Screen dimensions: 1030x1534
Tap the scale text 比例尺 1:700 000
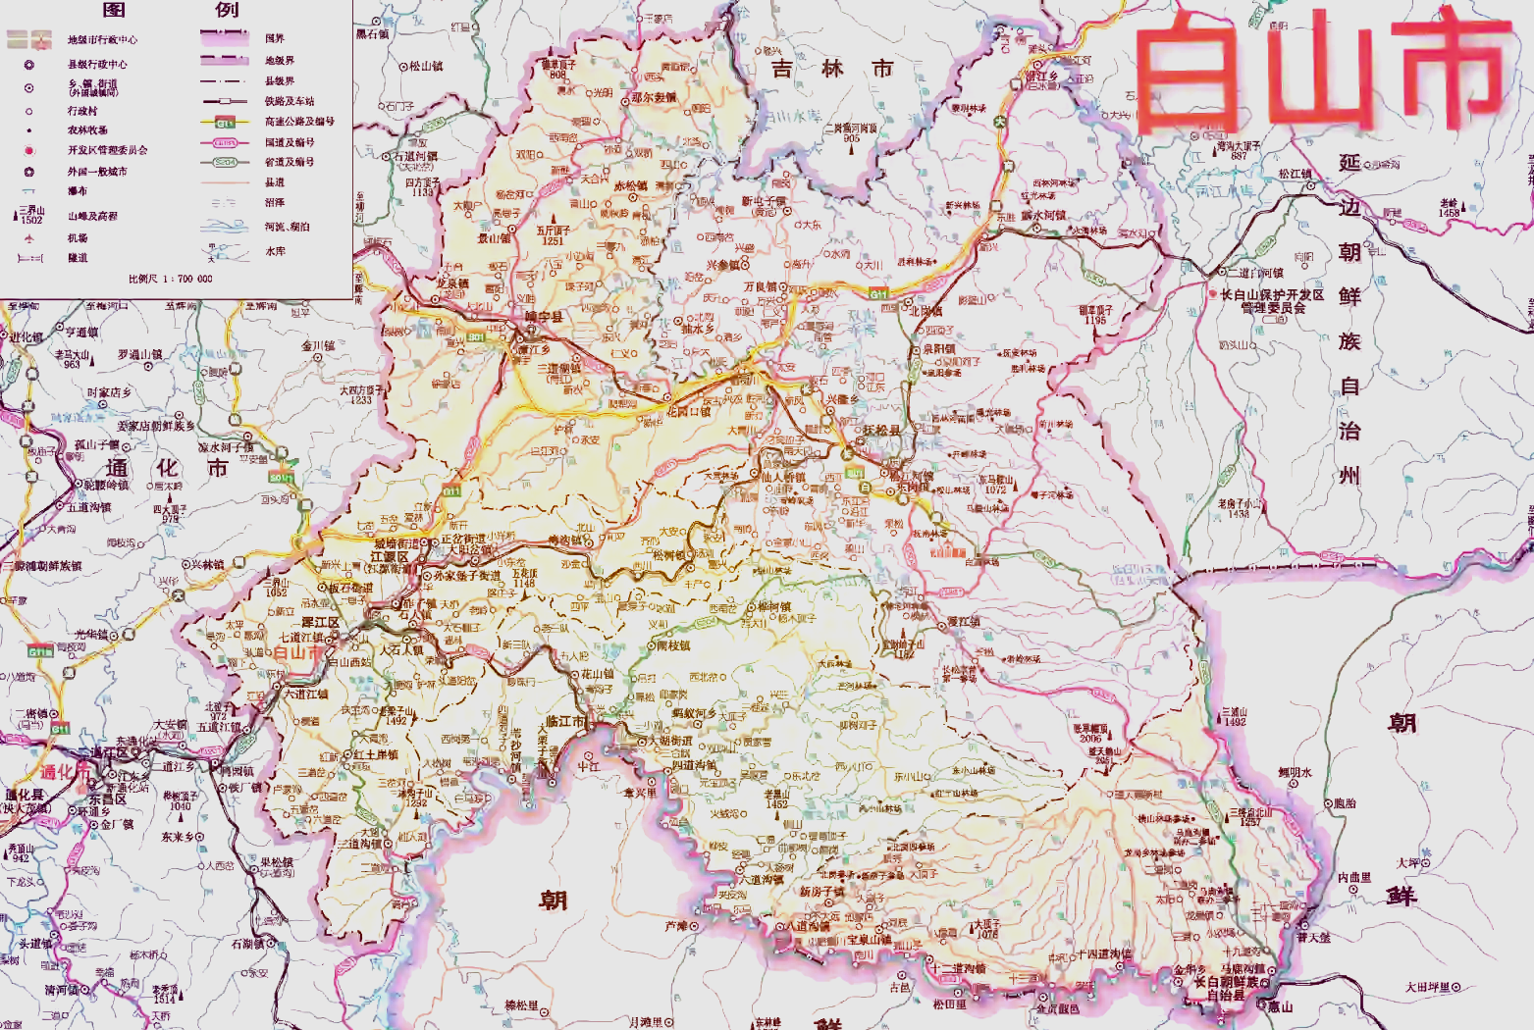point(170,279)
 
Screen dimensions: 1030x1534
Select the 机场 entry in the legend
point(78,238)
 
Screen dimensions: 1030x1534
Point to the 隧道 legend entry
point(78,258)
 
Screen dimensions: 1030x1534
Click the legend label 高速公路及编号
point(299,122)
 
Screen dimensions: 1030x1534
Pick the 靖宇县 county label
point(544,317)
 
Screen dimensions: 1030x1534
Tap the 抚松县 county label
point(881,431)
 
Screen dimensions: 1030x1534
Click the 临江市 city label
point(565,722)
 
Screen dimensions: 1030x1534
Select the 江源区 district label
point(390,557)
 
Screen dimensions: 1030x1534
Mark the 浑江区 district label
point(320,623)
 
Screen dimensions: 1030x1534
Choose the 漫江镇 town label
point(963,622)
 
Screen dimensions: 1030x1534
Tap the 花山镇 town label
point(597,674)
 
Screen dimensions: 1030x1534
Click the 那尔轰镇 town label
point(654,97)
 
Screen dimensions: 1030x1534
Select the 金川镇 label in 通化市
point(318,345)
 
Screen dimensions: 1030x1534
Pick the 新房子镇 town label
point(820,892)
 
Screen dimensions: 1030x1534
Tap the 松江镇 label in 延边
point(1295,174)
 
